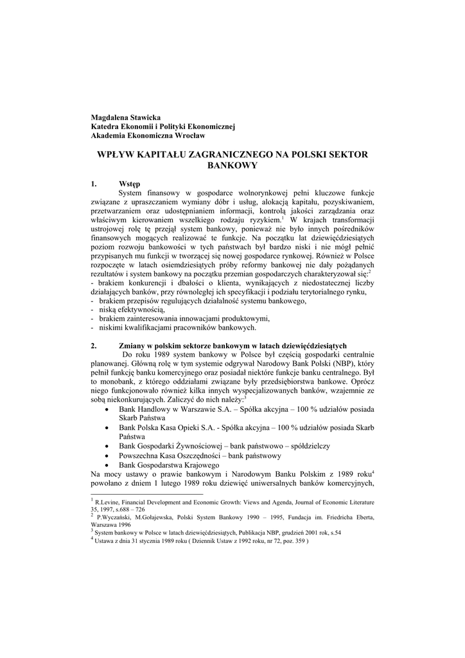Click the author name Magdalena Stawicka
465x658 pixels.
coord(126,118)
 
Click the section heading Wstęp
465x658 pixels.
coord(130,184)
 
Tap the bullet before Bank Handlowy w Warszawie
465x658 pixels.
coord(106,409)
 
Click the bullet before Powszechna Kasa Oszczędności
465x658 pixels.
coord(106,455)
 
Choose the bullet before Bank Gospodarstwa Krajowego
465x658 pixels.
coord(106,465)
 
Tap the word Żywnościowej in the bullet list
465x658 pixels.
coord(193,445)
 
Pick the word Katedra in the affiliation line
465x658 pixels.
coord(106,127)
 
